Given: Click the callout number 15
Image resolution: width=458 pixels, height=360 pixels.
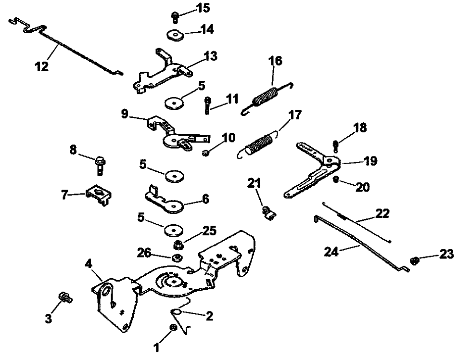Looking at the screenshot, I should (204, 8).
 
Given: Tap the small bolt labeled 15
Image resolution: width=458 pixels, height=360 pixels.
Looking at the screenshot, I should (175, 17).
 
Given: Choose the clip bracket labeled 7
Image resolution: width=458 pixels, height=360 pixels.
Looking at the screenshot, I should (98, 194).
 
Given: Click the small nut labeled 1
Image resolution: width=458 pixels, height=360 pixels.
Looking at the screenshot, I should (173, 328).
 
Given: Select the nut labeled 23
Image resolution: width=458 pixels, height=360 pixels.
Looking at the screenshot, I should (413, 261).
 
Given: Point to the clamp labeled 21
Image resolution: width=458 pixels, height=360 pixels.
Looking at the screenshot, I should (267, 212).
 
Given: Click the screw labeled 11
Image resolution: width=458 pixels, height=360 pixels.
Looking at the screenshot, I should (207, 104).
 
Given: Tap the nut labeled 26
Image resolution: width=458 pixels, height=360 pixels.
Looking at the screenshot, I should (176, 257).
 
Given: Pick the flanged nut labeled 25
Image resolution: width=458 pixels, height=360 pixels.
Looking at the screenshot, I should (178, 244).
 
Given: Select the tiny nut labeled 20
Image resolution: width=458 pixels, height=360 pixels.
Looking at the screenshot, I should (336, 180).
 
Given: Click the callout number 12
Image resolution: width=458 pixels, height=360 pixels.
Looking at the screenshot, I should (42, 66).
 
